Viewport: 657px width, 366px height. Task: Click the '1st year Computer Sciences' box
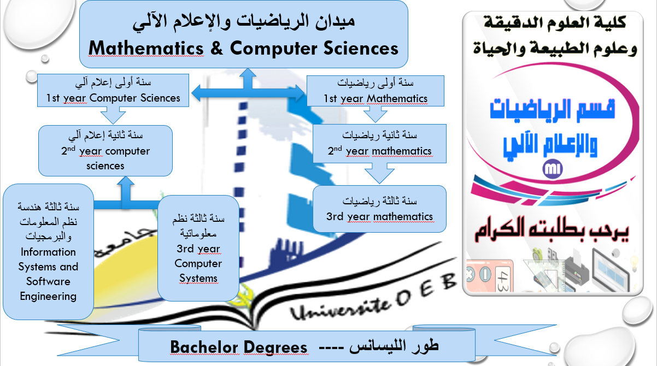click(113, 90)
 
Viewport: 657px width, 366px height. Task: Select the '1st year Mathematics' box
click(376, 91)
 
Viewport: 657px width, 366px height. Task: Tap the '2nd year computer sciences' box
click(105, 151)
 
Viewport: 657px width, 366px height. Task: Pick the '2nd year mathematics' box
click(379, 143)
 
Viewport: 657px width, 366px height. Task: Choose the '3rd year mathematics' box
click(379, 209)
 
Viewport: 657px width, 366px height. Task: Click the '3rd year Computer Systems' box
click(198, 248)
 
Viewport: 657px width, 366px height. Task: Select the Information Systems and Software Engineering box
click(48, 251)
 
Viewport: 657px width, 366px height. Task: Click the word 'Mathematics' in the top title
click(146, 48)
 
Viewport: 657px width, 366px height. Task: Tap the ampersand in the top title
click(216, 48)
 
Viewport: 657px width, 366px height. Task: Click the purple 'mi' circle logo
click(553, 169)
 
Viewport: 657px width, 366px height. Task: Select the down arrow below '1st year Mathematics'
click(376, 114)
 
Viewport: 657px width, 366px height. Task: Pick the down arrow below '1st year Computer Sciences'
click(113, 115)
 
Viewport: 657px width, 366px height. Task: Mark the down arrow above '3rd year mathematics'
click(379, 174)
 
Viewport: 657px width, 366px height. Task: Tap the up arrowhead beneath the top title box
click(248, 74)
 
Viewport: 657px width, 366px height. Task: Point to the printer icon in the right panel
click(576, 270)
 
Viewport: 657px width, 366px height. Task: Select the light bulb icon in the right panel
click(633, 263)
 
